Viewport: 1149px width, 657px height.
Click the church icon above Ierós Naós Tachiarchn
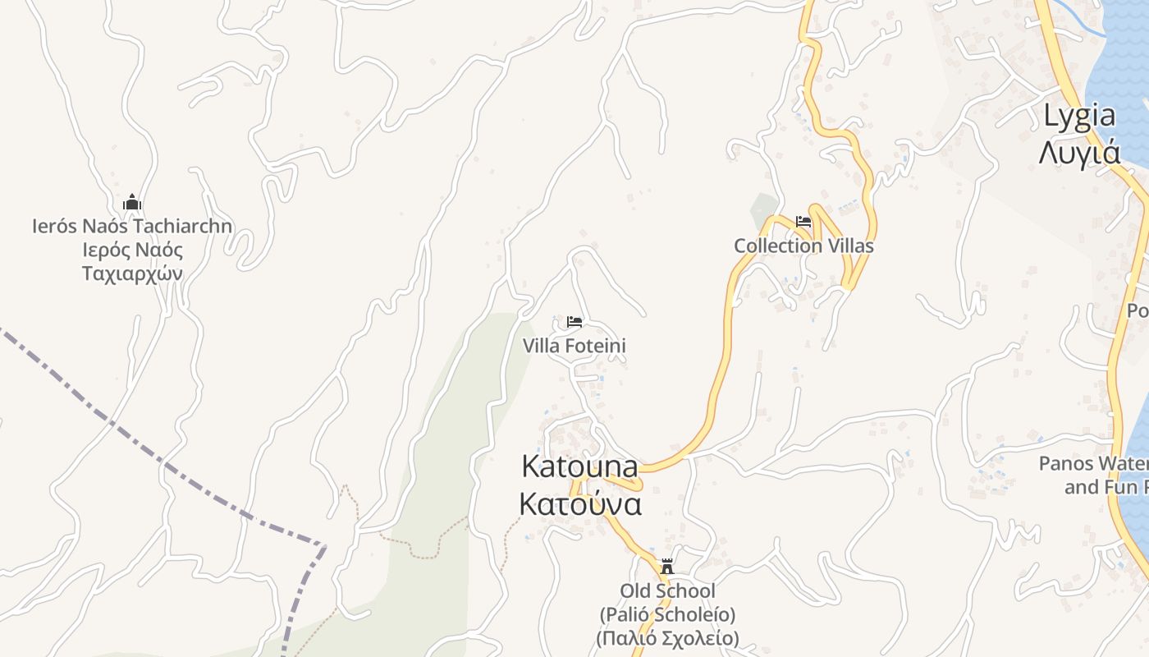coord(132,203)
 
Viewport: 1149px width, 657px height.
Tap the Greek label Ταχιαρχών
coord(132,273)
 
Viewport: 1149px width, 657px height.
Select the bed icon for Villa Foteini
coord(574,321)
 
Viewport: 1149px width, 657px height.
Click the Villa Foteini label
coord(574,346)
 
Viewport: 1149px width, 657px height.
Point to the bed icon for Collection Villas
coord(803,222)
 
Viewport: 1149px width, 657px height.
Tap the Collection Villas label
coord(803,246)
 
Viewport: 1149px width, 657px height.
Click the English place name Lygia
coord(1079,117)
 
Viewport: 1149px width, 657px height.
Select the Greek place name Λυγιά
coord(1079,153)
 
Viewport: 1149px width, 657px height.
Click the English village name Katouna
coord(580,466)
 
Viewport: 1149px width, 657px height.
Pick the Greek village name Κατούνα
coord(580,503)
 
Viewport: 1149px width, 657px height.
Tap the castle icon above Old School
coord(667,567)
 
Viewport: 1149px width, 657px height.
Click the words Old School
coord(667,590)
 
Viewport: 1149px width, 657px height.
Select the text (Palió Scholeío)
coord(667,614)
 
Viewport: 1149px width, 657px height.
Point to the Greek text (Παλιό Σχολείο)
coord(667,638)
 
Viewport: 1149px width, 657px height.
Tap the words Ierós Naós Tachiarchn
coord(132,226)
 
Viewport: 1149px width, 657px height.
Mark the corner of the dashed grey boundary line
coord(324,545)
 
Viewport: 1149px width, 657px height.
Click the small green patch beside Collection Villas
coord(763,210)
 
